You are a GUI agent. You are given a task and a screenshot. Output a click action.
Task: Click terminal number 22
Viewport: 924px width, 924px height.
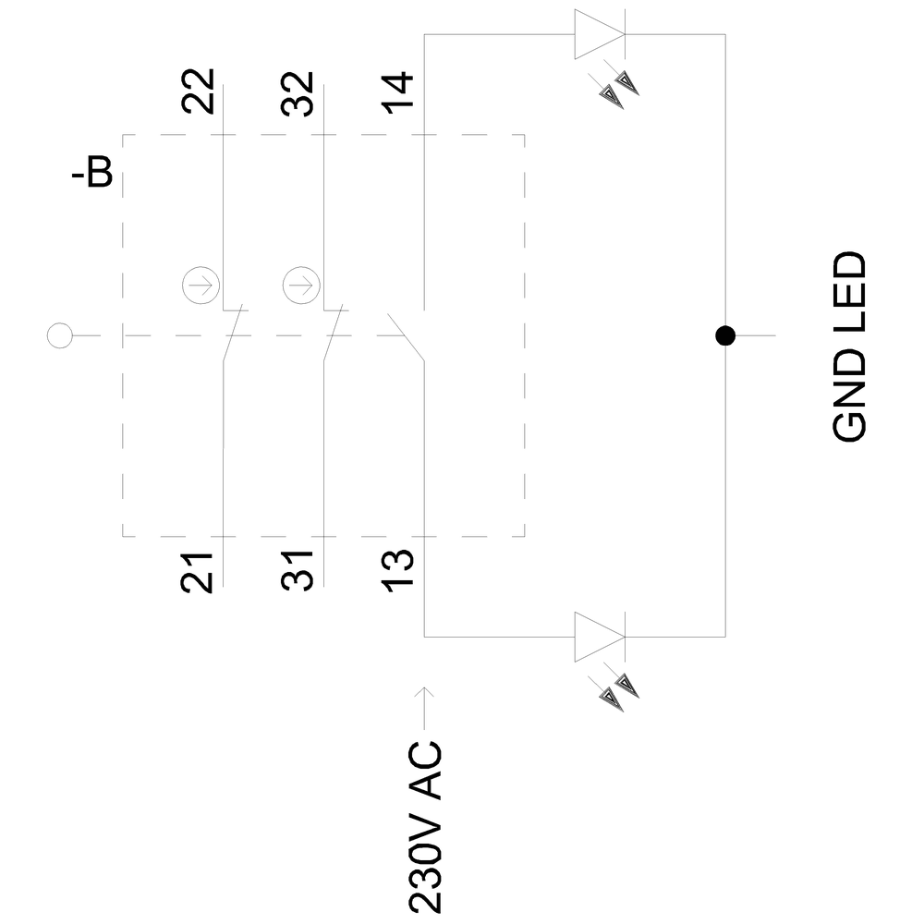click(x=199, y=91)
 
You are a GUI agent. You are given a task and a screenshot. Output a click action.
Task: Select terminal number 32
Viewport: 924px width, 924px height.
click(x=298, y=91)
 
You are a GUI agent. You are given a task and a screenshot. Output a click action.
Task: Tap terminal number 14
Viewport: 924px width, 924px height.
click(x=400, y=91)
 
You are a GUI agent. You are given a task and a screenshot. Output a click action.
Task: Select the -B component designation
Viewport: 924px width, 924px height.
click(x=92, y=175)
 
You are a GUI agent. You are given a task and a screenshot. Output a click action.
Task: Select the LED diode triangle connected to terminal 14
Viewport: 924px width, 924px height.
click(x=599, y=35)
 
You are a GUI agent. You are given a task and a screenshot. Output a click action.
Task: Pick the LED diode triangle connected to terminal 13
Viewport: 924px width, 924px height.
click(x=599, y=637)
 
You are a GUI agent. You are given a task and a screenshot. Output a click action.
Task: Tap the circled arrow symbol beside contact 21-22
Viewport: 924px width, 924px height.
click(x=197, y=285)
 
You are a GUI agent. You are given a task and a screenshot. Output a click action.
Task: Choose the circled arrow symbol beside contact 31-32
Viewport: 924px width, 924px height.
click(x=298, y=285)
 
